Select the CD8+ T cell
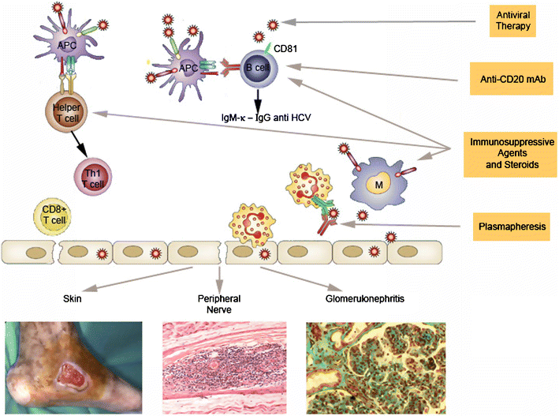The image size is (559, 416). click(x=49, y=216)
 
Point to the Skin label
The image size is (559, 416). click(x=73, y=299)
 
